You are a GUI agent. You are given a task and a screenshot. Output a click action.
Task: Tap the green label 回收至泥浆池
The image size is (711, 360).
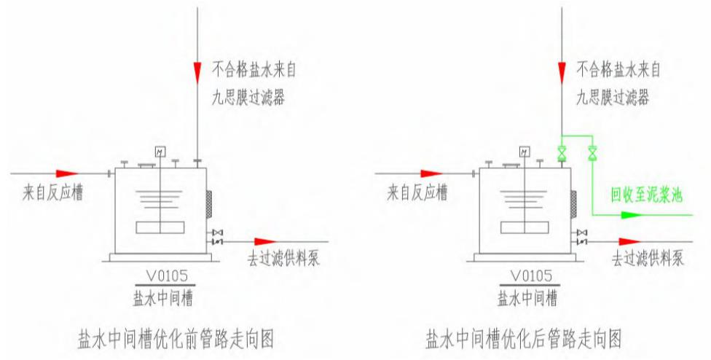point(647,195)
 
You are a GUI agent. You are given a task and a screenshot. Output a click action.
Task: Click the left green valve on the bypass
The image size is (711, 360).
point(562,154)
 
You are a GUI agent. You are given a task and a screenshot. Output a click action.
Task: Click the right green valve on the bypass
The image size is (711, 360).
point(592,154)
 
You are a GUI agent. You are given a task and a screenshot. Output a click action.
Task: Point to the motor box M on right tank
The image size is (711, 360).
point(524,152)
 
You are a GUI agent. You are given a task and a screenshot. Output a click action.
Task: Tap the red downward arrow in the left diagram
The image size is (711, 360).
point(197,71)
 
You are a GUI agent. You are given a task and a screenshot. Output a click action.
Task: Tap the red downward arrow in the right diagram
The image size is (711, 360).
point(562,71)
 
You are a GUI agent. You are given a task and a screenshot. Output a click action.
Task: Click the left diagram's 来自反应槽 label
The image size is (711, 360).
point(51,192)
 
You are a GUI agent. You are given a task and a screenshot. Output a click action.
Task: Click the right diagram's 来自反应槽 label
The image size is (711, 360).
point(415,192)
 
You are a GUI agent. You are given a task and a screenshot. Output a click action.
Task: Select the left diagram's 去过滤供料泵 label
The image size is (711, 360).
point(283,259)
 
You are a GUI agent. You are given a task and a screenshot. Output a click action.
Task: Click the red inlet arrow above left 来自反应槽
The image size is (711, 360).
point(66,174)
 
